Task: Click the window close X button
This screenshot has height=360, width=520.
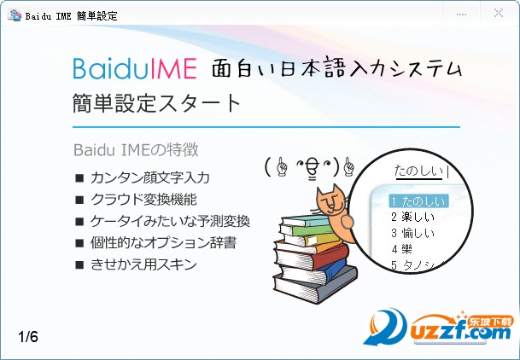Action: point(498,14)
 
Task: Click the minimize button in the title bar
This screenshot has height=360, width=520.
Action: point(461,15)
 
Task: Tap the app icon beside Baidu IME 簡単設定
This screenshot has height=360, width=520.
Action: point(15,15)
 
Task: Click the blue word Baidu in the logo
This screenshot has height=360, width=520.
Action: point(106,68)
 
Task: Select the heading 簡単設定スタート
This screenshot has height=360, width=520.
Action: point(156,102)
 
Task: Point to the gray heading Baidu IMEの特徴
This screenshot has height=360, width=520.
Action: point(136,149)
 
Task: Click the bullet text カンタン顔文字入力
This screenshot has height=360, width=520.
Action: point(150,177)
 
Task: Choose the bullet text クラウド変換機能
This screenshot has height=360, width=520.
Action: point(143,200)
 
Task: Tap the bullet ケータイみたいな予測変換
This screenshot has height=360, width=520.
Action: point(170,221)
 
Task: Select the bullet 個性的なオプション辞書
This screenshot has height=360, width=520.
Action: point(163,243)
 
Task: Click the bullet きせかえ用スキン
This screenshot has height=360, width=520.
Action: point(143,264)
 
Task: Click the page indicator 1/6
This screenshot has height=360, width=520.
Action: point(28,337)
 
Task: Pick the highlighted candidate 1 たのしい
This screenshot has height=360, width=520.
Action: point(419,201)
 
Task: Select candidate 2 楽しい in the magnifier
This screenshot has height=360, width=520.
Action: point(412,217)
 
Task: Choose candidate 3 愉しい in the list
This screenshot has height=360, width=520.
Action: point(412,233)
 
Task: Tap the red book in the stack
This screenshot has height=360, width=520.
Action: point(312,257)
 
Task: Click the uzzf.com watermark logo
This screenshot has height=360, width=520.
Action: point(438,328)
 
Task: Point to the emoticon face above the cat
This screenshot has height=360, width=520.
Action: point(310,167)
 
